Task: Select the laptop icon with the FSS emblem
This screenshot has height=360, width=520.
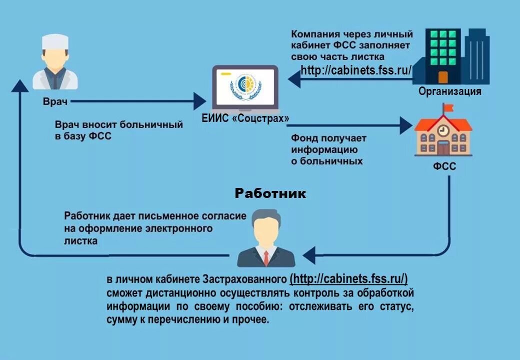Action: (244, 88)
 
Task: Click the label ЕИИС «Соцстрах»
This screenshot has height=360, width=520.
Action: (245, 118)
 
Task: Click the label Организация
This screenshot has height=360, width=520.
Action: (449, 91)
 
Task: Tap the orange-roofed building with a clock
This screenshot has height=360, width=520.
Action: (443, 134)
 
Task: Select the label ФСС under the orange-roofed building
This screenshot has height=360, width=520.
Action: (444, 166)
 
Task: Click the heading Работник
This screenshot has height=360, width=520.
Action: (270, 193)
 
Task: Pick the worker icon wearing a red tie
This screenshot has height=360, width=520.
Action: (266, 238)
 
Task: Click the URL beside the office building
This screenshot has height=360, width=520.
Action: (356, 70)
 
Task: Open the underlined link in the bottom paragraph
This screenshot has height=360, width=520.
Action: (349, 278)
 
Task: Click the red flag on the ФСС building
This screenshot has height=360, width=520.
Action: (448, 107)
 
